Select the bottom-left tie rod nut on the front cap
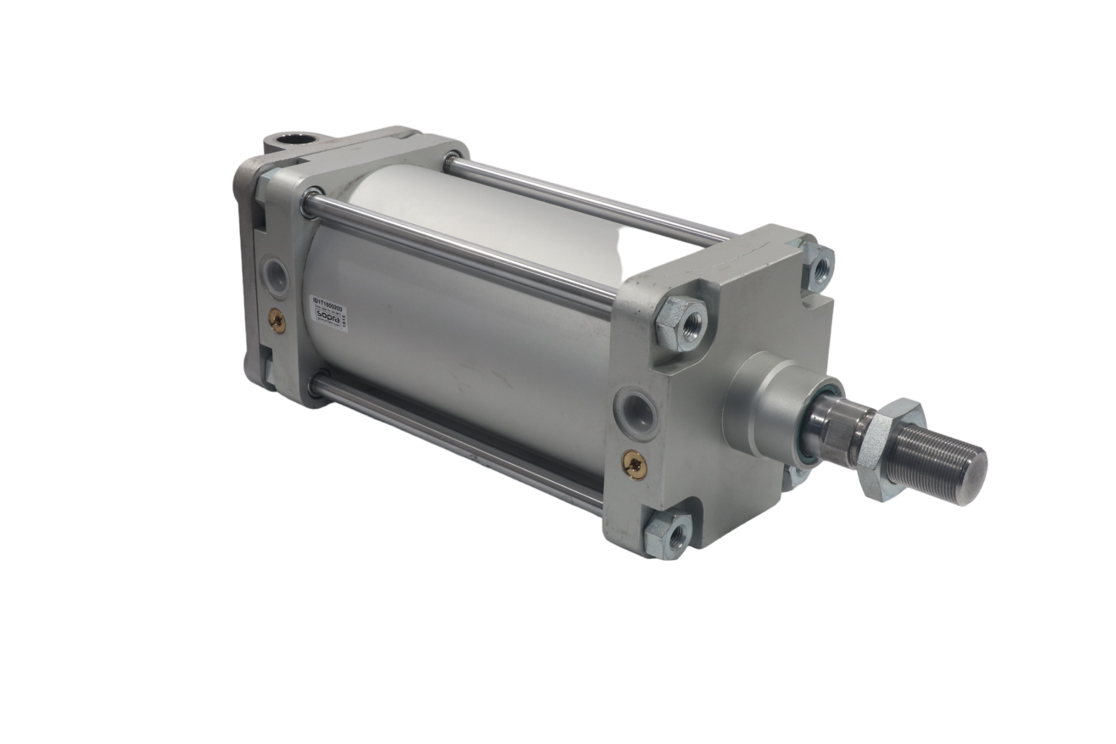point(663,528)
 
